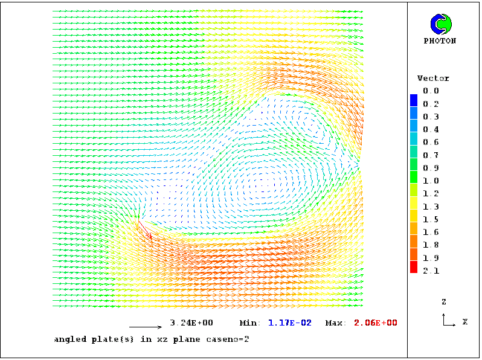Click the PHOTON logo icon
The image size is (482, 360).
tap(440, 24)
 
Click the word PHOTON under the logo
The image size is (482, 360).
tap(440, 41)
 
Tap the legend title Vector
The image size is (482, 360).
tap(433, 79)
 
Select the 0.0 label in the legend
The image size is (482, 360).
tap(431, 91)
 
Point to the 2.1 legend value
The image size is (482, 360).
tap(431, 271)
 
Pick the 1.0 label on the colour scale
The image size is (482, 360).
tap(431, 181)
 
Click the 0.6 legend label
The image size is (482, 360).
tap(431, 143)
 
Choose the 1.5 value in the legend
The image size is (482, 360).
tap(431, 220)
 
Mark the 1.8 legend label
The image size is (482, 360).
tap(431, 245)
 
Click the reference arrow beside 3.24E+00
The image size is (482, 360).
tap(146, 327)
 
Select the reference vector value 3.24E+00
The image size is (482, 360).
tap(191, 323)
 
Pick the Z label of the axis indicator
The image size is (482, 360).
tap(444, 301)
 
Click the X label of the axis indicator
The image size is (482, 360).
tap(465, 322)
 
